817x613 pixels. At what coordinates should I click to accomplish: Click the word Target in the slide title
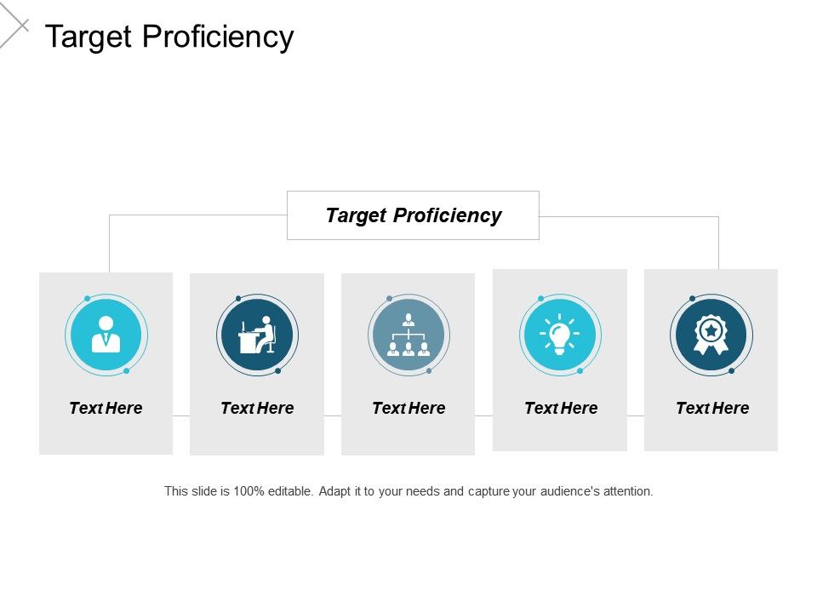coord(89,37)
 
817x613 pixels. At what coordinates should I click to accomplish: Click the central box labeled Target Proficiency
coord(413,215)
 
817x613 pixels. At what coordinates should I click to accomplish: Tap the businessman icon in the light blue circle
coord(106,335)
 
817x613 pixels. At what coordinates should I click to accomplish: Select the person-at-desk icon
coord(257,335)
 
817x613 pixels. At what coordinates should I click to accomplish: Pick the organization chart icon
coord(408,335)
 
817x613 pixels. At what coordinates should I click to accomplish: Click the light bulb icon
coord(560,335)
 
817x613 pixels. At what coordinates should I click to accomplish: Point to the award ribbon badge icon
coord(711,335)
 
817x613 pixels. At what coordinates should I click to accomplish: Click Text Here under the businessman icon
coord(106,408)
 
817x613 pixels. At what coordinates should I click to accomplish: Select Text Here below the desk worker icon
coord(257,408)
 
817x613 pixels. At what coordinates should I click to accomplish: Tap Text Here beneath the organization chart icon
coord(408,408)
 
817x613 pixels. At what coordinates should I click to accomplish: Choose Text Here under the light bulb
coord(561,408)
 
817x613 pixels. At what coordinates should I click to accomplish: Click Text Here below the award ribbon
coord(712,408)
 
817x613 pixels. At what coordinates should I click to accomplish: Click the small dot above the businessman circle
coord(87,298)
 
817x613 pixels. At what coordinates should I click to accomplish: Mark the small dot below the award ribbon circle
coord(731,371)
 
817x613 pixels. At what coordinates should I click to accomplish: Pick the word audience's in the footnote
coord(569,491)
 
